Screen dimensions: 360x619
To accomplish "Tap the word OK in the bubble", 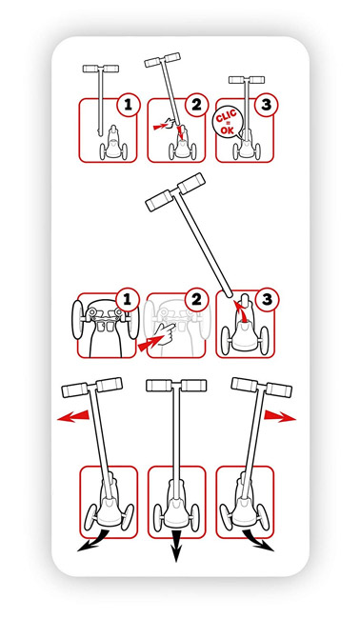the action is [x=228, y=130].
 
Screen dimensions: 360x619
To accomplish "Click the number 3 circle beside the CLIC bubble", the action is [x=267, y=105].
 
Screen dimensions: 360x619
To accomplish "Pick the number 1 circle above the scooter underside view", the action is [x=127, y=300].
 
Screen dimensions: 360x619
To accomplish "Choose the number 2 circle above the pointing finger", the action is [x=196, y=300].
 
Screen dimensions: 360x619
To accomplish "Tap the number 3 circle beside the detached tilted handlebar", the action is [x=267, y=300].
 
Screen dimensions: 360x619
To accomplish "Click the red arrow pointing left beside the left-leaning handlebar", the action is [x=73, y=416].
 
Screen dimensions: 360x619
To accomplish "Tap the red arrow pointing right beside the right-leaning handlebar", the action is [x=280, y=416].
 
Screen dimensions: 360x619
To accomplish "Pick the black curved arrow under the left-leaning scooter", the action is [x=92, y=542].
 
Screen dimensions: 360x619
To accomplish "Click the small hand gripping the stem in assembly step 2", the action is [x=170, y=123].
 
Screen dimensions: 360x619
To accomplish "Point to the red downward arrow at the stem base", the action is [x=181, y=132].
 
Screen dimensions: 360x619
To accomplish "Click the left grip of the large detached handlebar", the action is [x=158, y=201].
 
